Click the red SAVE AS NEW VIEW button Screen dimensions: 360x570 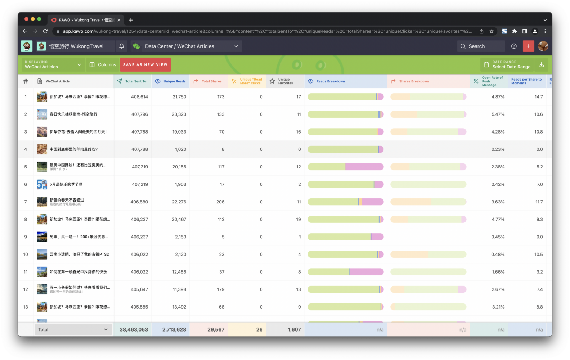tap(145, 65)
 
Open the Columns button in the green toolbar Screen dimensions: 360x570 tap(103, 65)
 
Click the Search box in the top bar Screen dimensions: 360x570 tap(481, 46)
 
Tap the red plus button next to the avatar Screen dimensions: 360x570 tap(528, 46)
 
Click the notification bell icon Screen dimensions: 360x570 tap(122, 46)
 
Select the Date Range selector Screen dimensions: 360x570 tap(507, 65)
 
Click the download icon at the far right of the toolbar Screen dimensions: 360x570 tap(541, 65)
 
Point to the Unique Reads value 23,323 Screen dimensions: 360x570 tap(179, 114)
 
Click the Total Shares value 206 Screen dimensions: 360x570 tap(220, 202)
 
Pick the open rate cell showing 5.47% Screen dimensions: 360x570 tap(498, 114)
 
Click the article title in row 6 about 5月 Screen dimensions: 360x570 tap(66, 184)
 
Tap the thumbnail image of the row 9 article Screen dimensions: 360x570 tap(42, 237)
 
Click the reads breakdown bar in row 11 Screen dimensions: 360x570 tap(345, 272)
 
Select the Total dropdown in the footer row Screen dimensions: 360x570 tap(73, 329)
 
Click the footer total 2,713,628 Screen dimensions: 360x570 tap(174, 329)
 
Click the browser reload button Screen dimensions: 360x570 tap(45, 31)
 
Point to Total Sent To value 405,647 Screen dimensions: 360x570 tap(139, 289)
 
